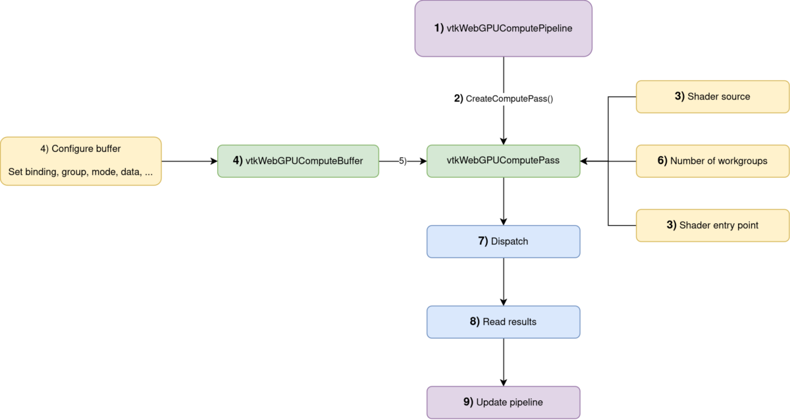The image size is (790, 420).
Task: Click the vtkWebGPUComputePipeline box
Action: tap(504, 28)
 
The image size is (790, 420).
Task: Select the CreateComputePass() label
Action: tap(504, 99)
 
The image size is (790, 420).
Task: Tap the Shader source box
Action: tap(712, 97)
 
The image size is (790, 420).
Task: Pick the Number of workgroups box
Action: tap(712, 161)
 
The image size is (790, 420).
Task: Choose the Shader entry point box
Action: tap(712, 225)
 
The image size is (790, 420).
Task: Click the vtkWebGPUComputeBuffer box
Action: tap(298, 161)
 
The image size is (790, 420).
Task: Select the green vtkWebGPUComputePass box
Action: tap(504, 161)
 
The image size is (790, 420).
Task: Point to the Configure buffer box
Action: tap(80, 161)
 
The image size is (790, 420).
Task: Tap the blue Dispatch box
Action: tap(504, 242)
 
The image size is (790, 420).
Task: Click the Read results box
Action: tap(504, 322)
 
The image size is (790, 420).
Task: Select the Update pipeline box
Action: tap(504, 402)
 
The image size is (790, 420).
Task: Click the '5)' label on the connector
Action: tap(403, 161)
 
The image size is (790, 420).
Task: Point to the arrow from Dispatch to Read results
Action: tap(504, 282)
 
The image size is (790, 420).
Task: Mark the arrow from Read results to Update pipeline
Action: tap(504, 362)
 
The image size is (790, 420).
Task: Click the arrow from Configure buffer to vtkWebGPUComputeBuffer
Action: tap(190, 161)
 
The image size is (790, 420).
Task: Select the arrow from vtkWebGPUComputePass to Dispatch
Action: tap(504, 201)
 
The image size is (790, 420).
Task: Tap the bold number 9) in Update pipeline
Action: tap(467, 402)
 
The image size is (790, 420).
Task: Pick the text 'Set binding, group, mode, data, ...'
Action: tap(80, 173)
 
